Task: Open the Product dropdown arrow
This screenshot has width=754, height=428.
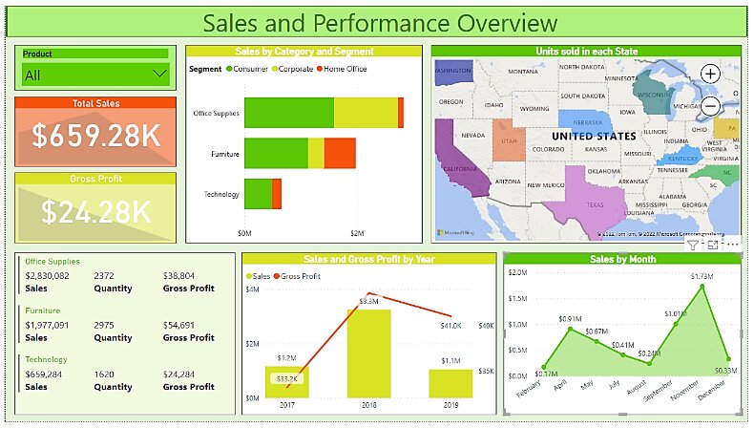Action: pos(158,75)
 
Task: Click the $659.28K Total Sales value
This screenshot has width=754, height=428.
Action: pos(95,137)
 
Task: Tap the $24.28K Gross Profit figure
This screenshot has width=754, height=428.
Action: pos(95,211)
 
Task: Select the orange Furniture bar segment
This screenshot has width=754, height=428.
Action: pos(340,153)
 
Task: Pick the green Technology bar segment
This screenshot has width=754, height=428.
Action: pos(258,194)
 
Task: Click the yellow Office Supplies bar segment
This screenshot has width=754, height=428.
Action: pos(366,113)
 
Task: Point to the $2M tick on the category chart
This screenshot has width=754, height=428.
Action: pos(356,233)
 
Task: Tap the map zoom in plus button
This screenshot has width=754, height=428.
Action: pos(710,74)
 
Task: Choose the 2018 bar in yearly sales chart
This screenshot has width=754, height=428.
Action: pos(368,352)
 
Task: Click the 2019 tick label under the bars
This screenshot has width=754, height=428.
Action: pos(450,405)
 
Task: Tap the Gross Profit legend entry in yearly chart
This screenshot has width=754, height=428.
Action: pos(300,276)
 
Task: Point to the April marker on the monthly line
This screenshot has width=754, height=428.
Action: pos(569,330)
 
